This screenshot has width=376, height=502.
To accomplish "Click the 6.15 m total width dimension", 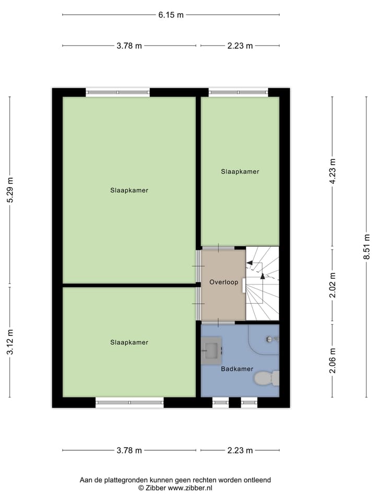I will pos(171,15).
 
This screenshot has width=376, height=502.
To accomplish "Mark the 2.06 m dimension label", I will pos(333,361).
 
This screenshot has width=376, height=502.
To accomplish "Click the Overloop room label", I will pos(224,282).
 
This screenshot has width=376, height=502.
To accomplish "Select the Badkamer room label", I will pos(237,369).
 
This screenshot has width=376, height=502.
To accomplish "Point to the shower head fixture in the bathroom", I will pos(270,339).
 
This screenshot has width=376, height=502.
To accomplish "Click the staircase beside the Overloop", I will pos(262,283).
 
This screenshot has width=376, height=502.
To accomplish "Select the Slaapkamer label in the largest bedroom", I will pos(129,190).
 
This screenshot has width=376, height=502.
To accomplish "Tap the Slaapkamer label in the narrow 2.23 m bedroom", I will pos(240,172).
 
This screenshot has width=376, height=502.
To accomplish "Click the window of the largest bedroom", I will pos(118,93).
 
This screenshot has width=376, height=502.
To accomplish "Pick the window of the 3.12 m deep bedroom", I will pos(130,402).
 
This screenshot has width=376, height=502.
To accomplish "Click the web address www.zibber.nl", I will pos(190,488).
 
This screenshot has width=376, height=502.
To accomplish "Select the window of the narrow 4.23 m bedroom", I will pos(239,93).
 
